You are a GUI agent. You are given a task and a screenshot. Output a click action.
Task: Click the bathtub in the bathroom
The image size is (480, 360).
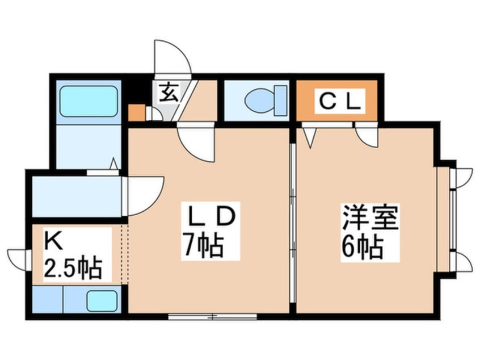(89, 101)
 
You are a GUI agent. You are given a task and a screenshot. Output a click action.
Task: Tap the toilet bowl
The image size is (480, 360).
(260, 101)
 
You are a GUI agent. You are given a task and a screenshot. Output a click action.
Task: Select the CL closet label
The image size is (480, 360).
(339, 102)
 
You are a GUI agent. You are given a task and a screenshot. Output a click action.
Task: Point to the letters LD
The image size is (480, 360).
(210, 216)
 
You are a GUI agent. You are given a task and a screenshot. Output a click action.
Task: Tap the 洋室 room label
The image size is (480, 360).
(370, 218)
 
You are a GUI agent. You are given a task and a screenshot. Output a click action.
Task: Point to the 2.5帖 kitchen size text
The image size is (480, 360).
(73, 268)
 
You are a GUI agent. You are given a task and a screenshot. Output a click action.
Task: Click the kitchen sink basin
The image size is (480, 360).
(102, 300)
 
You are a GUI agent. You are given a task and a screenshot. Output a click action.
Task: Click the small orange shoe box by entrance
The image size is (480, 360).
(137, 113)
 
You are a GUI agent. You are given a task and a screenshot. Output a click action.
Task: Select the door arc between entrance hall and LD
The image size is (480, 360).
(196, 141)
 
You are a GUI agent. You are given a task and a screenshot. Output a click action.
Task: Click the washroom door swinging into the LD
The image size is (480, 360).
(144, 196)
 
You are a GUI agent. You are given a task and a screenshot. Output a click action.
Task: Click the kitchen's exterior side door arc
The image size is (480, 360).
(18, 260)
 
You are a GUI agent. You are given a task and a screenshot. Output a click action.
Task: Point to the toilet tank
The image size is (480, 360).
(281, 101)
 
